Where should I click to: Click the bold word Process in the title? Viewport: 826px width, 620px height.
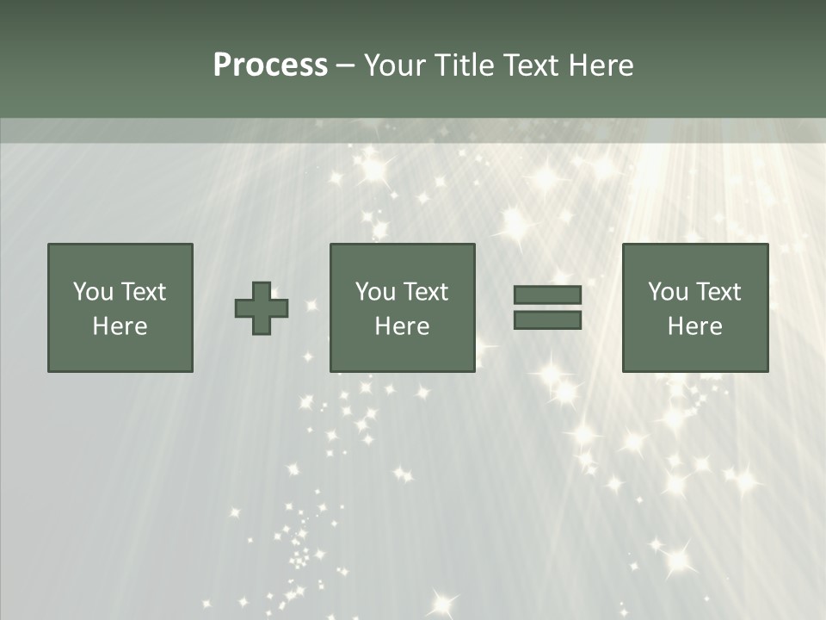tap(270, 65)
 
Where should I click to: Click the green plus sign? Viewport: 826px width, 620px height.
tap(262, 308)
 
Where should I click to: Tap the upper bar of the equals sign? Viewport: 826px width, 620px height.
tap(547, 294)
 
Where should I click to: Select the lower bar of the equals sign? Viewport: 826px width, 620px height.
tap(547, 320)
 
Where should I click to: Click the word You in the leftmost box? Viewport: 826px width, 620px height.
tap(94, 292)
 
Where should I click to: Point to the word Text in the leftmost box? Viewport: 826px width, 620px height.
tap(143, 292)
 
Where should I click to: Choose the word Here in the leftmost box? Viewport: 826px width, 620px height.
tap(120, 326)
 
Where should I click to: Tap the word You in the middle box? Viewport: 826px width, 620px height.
tap(376, 292)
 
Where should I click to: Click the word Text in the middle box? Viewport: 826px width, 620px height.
tap(425, 292)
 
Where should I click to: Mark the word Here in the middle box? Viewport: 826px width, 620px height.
tap(402, 326)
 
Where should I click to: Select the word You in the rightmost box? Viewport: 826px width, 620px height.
tap(669, 292)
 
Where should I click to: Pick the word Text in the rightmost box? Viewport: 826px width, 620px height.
tap(718, 292)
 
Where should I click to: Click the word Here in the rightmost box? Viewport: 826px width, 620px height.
tap(694, 326)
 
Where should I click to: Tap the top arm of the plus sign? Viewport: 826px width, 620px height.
tap(262, 290)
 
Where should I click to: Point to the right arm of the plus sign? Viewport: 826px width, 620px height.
tap(280, 308)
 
